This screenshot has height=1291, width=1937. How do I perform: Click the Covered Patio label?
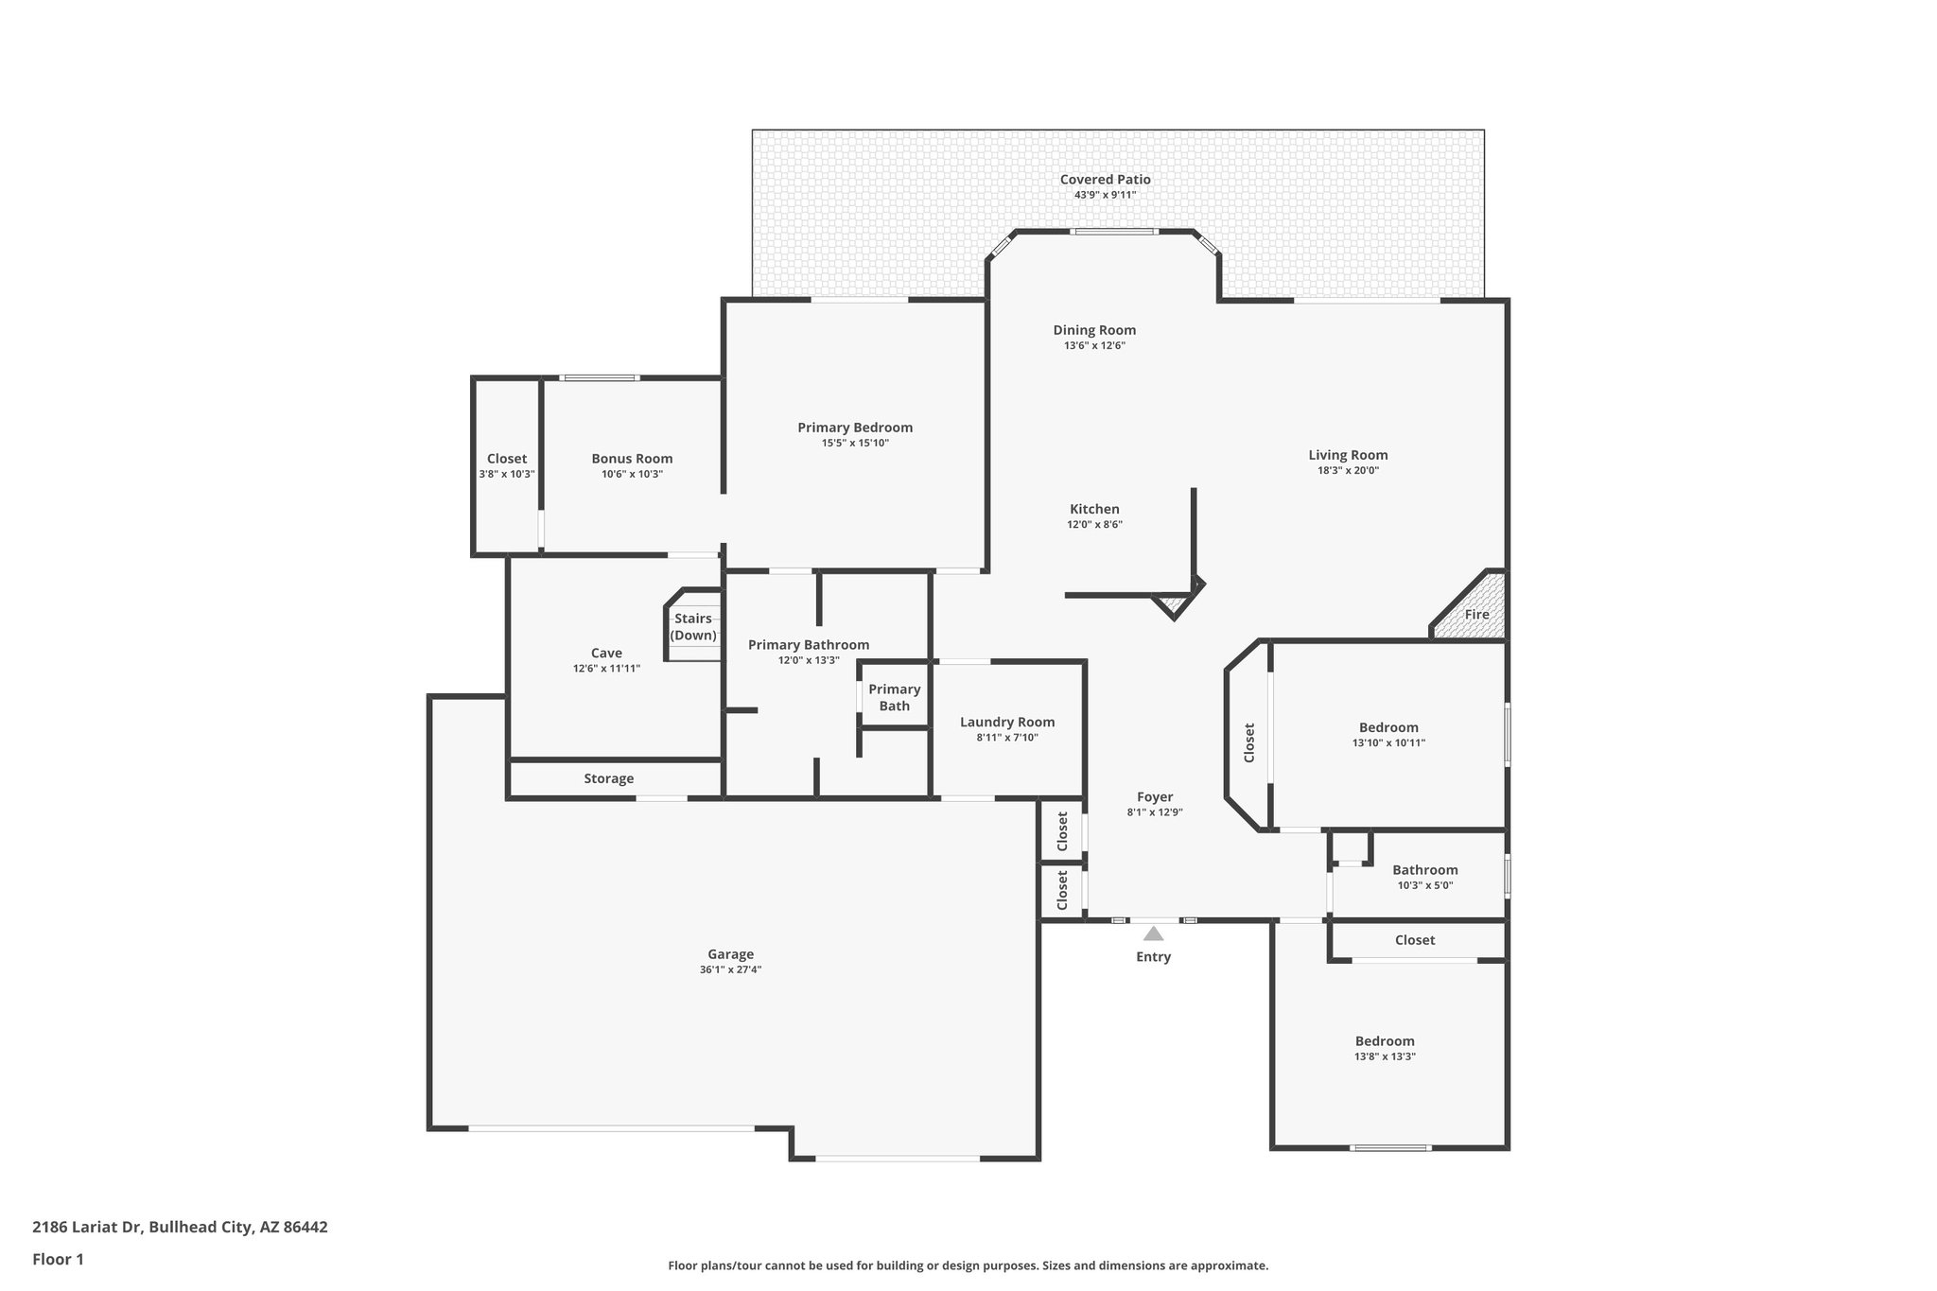[1105, 180]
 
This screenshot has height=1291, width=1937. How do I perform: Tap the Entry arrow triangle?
[1153, 934]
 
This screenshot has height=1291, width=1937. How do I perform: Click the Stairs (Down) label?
[693, 627]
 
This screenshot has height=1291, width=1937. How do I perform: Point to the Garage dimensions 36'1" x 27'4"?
[730, 970]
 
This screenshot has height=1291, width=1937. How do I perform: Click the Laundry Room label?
[1007, 723]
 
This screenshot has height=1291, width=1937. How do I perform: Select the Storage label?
[608, 779]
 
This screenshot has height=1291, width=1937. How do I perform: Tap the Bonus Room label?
[632, 459]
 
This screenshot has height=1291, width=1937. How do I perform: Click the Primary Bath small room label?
[894, 697]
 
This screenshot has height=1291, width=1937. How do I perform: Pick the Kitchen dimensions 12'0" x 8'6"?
[1094, 525]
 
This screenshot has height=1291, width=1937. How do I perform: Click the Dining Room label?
[1094, 330]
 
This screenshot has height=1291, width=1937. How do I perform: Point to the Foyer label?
[1155, 797]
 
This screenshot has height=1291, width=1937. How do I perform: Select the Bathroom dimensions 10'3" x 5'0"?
[1424, 886]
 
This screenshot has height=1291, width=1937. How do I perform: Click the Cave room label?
[606, 653]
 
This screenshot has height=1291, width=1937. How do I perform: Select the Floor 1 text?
[58, 1259]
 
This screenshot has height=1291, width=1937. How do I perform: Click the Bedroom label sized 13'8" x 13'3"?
[1385, 1041]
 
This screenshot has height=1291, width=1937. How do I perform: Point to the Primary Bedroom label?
[855, 427]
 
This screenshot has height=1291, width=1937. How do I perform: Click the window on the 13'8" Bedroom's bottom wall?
[1390, 1148]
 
